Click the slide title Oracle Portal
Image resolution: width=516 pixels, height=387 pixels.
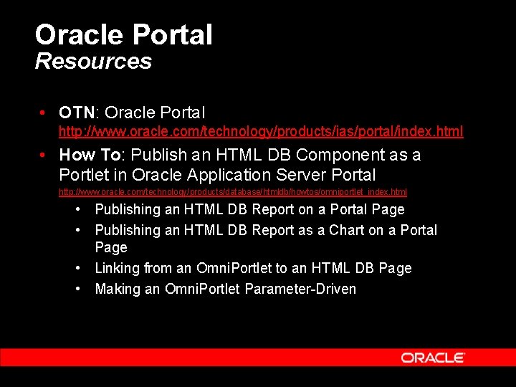point(123,34)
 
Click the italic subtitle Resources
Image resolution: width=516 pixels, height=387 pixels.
point(93,61)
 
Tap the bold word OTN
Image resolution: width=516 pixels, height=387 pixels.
point(77,113)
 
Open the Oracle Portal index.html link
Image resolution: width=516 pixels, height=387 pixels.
point(261,131)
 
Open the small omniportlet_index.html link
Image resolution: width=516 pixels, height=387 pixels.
point(233,192)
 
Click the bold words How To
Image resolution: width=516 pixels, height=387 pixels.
point(90,155)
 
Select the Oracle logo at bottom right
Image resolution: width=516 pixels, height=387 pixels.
point(432,358)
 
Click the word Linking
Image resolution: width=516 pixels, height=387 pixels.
point(118,268)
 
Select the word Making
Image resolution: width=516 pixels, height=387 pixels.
point(117,289)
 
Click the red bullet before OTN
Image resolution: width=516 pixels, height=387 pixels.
point(44,113)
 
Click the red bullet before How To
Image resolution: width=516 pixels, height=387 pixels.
point(44,155)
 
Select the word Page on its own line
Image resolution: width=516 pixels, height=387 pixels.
point(111,247)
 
